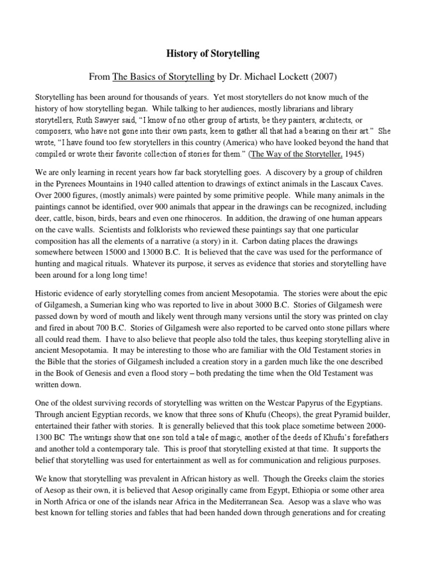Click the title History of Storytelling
click(213, 54)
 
